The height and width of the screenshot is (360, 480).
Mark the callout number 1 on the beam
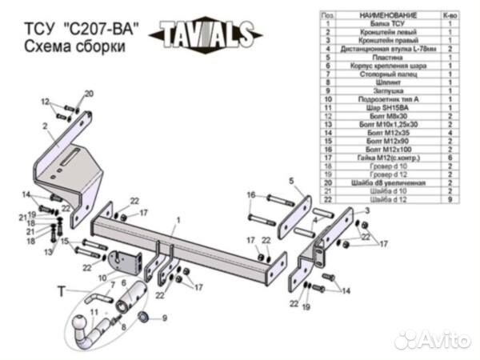(x=179, y=218)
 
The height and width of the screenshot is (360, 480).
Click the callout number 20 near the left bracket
(x=88, y=94)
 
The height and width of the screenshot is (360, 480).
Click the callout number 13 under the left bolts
(x=48, y=253)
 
